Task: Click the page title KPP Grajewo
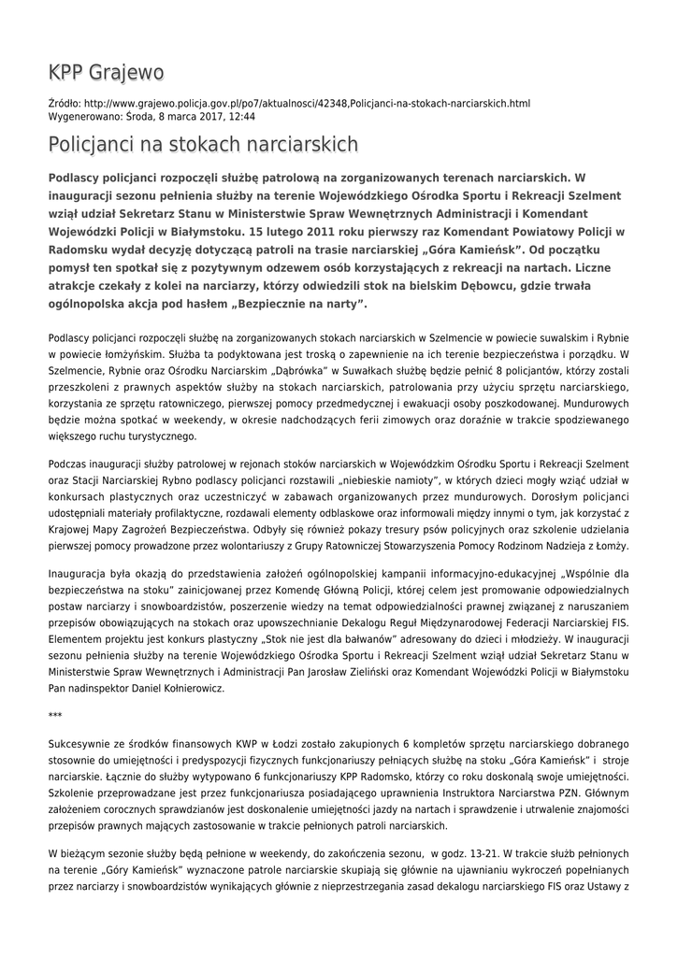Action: point(106,72)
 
